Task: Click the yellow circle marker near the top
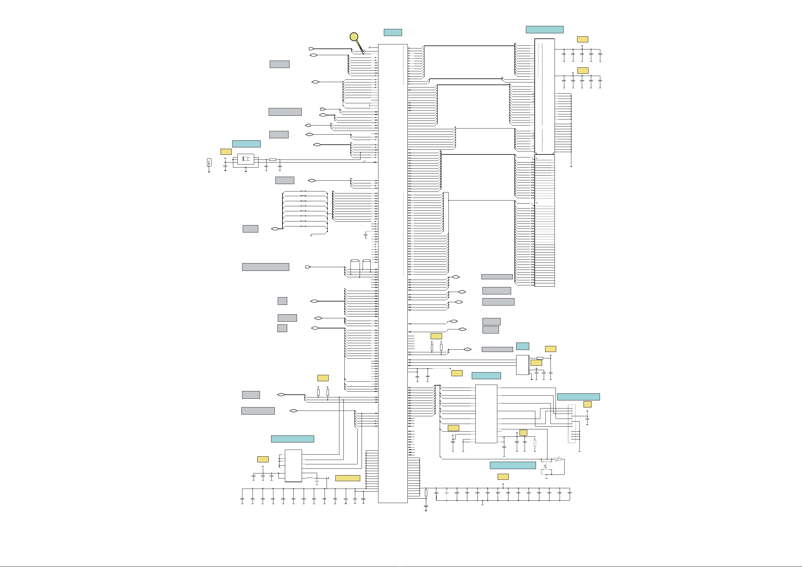click(x=354, y=37)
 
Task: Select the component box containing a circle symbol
click(x=245, y=159)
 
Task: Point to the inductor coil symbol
click(x=310, y=477)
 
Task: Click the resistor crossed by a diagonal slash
click(x=558, y=459)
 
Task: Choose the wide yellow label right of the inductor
click(x=347, y=478)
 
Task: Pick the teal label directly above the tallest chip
click(x=393, y=32)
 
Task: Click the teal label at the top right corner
click(x=544, y=30)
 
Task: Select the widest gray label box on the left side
click(x=265, y=267)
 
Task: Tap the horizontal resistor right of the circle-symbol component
click(x=273, y=160)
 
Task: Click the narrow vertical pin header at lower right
click(x=572, y=424)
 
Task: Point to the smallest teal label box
click(x=522, y=346)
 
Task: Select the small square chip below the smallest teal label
click(x=522, y=365)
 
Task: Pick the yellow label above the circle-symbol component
click(x=226, y=151)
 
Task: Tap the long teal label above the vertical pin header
click(x=578, y=397)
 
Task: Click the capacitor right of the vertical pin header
click(x=587, y=419)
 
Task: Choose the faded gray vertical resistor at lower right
click(x=535, y=443)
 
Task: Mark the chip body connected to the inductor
click(x=293, y=465)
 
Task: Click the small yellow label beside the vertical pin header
click(x=587, y=404)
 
